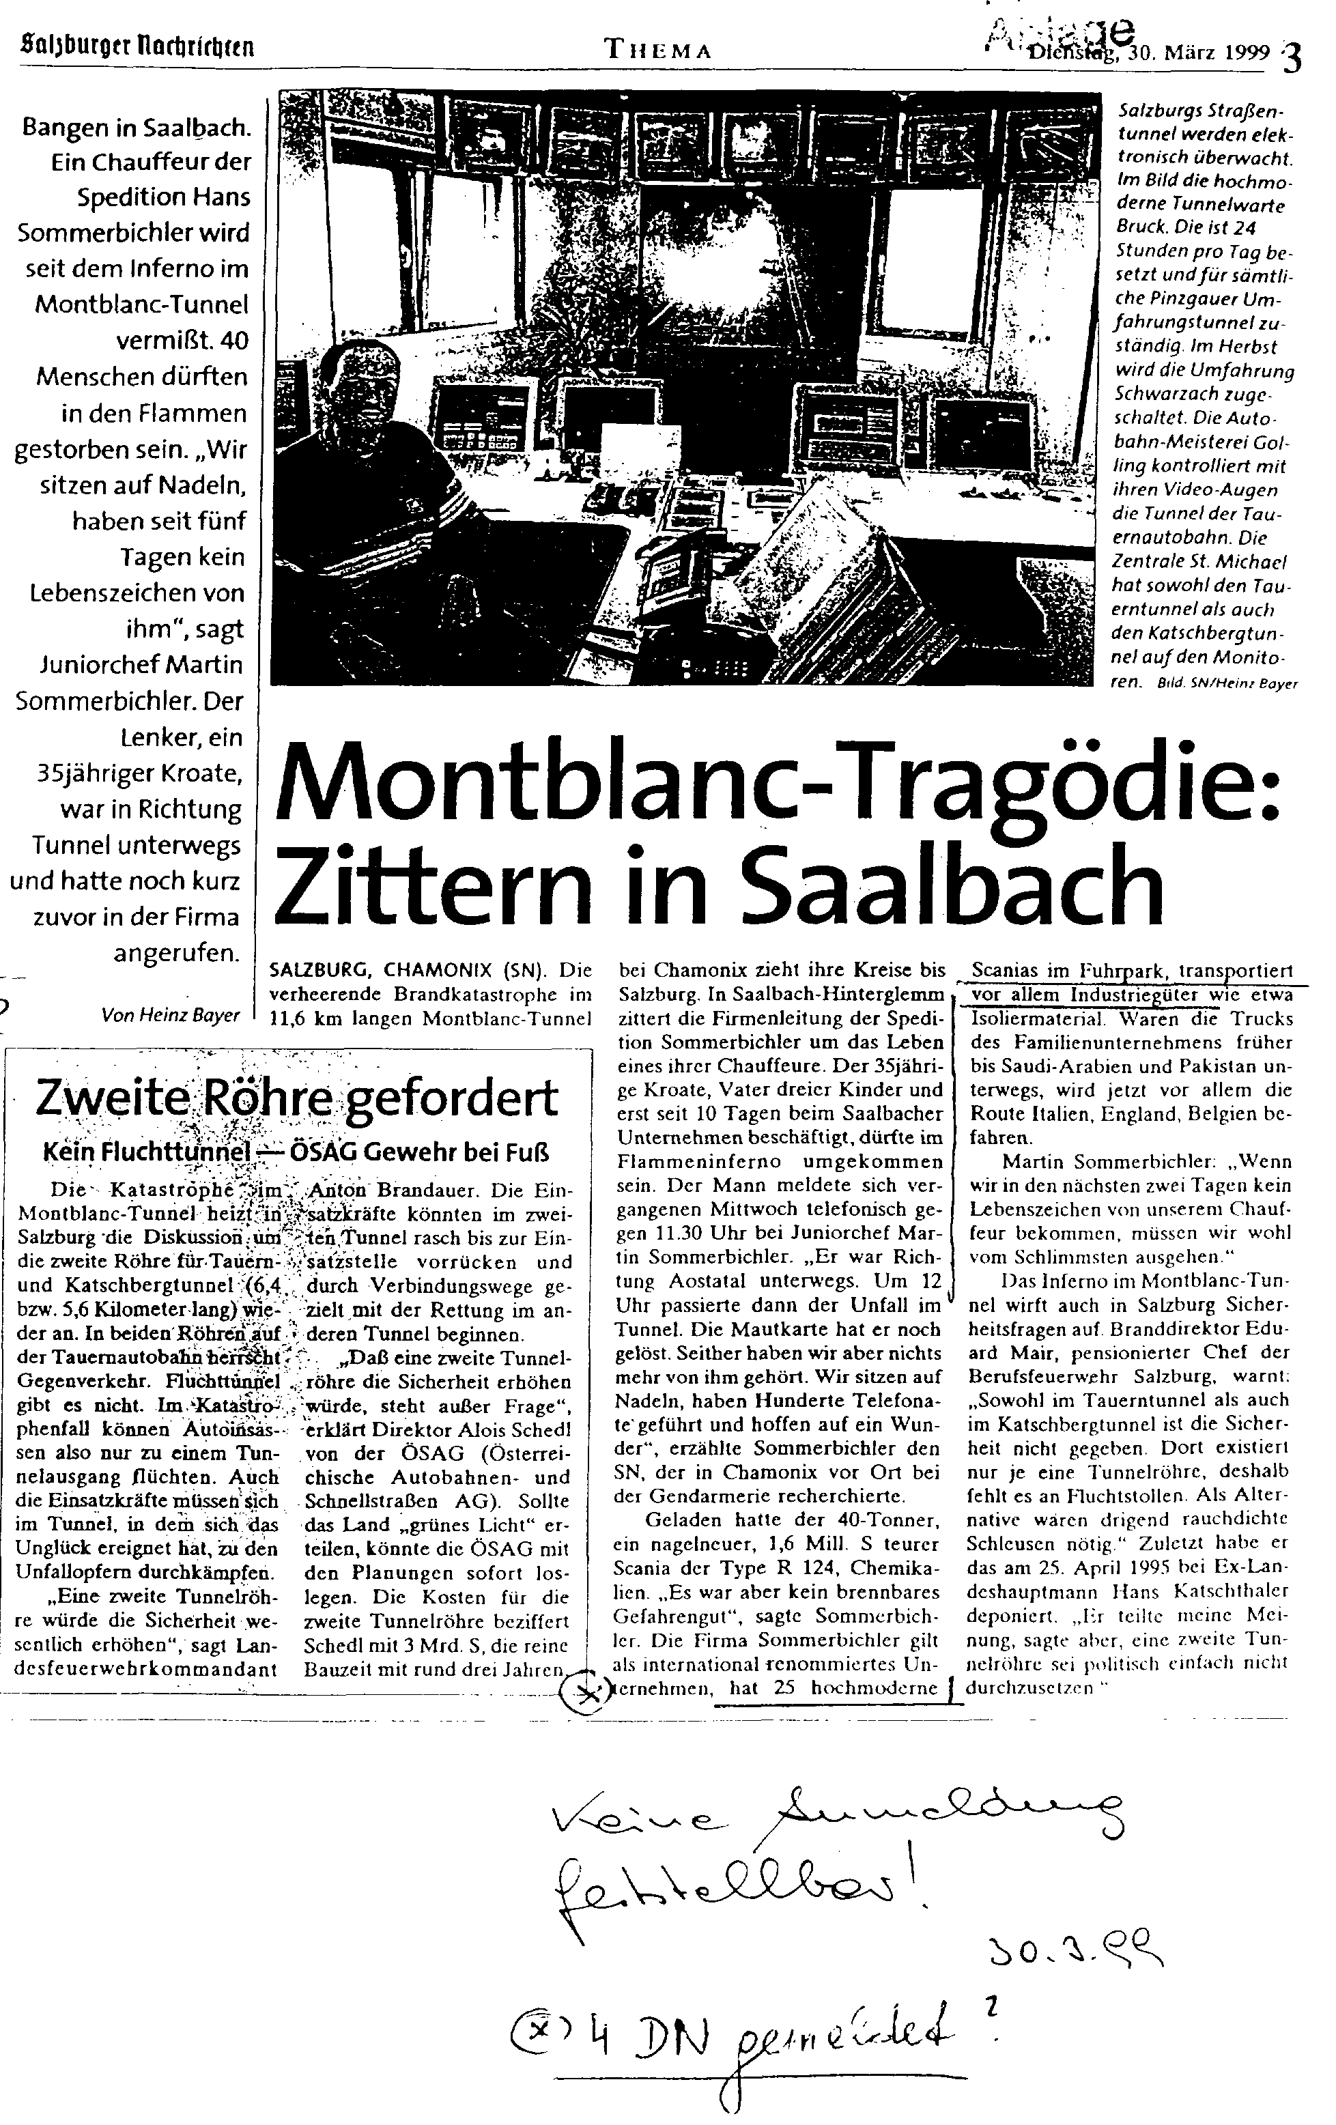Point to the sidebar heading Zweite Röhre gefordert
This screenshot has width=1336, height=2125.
point(296,1098)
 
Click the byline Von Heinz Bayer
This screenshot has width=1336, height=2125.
point(170,1015)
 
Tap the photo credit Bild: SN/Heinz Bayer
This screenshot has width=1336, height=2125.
point(1227,684)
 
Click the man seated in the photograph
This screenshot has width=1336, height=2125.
point(353,459)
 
